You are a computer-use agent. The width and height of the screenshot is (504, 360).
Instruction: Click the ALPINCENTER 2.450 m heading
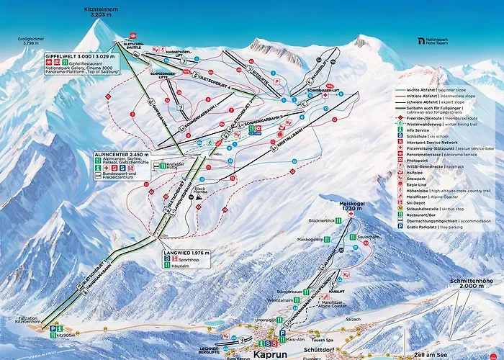click(122, 154)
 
